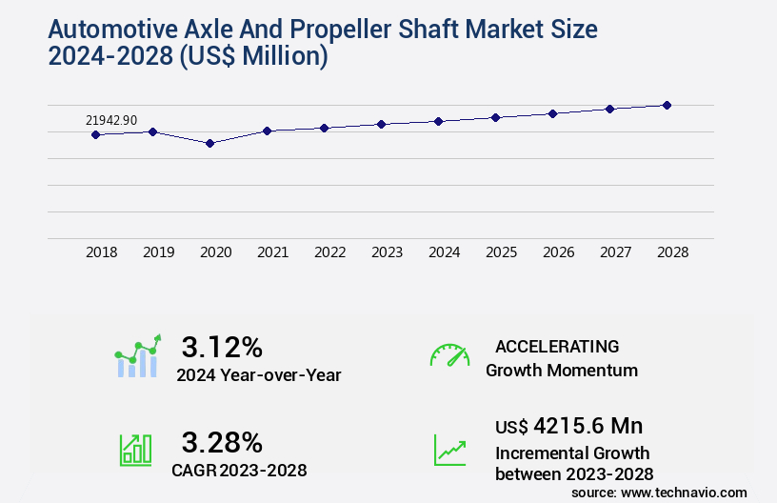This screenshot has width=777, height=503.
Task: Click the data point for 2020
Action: [x=209, y=143]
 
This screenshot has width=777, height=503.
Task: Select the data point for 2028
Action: [x=667, y=105]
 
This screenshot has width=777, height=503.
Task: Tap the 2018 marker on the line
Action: [x=95, y=134]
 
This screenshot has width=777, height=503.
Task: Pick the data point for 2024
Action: [x=438, y=121]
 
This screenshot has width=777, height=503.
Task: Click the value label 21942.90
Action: [x=111, y=120]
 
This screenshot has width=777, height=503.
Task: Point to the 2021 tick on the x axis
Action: [x=272, y=252]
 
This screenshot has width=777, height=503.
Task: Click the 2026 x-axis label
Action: [x=558, y=252]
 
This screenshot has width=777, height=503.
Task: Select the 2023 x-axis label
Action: [x=387, y=252]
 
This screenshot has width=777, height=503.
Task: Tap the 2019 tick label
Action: [x=158, y=252]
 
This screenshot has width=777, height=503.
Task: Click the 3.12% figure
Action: [x=222, y=346]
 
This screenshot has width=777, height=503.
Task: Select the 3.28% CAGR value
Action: [x=222, y=441]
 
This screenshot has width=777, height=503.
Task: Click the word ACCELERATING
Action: [x=557, y=346]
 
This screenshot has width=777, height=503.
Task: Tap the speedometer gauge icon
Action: [x=449, y=355]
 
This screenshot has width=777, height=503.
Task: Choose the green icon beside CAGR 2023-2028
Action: [x=135, y=449]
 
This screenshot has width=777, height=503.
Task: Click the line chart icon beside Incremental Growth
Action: [x=449, y=449]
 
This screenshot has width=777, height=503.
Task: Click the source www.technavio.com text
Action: [x=659, y=493]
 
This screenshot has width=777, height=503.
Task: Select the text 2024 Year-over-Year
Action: [x=258, y=374]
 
